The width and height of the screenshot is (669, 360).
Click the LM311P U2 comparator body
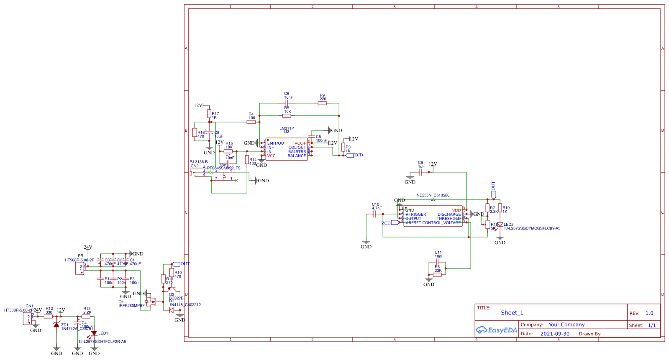(x=287, y=149)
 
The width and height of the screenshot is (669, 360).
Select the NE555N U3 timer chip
(x=433, y=216)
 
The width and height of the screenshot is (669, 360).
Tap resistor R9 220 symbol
(x=322, y=103)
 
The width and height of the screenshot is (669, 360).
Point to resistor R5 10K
(x=287, y=116)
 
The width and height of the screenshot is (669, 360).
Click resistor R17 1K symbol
(x=209, y=114)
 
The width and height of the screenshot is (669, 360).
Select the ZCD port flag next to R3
(x=350, y=155)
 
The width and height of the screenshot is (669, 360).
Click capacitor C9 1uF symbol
(x=421, y=172)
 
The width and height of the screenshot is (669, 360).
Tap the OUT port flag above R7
(x=494, y=194)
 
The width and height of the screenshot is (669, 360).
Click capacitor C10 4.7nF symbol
(x=375, y=214)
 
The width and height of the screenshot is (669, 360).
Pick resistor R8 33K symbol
(x=437, y=275)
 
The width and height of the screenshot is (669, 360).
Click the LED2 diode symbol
(x=500, y=225)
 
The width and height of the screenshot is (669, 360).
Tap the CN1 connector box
(x=28, y=319)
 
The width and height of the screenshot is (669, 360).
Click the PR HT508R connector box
(x=79, y=268)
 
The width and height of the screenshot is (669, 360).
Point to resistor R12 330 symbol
(x=49, y=317)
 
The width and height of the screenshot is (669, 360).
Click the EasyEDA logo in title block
(x=497, y=330)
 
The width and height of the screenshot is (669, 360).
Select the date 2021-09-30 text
(x=555, y=334)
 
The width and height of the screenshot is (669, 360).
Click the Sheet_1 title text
(x=512, y=313)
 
